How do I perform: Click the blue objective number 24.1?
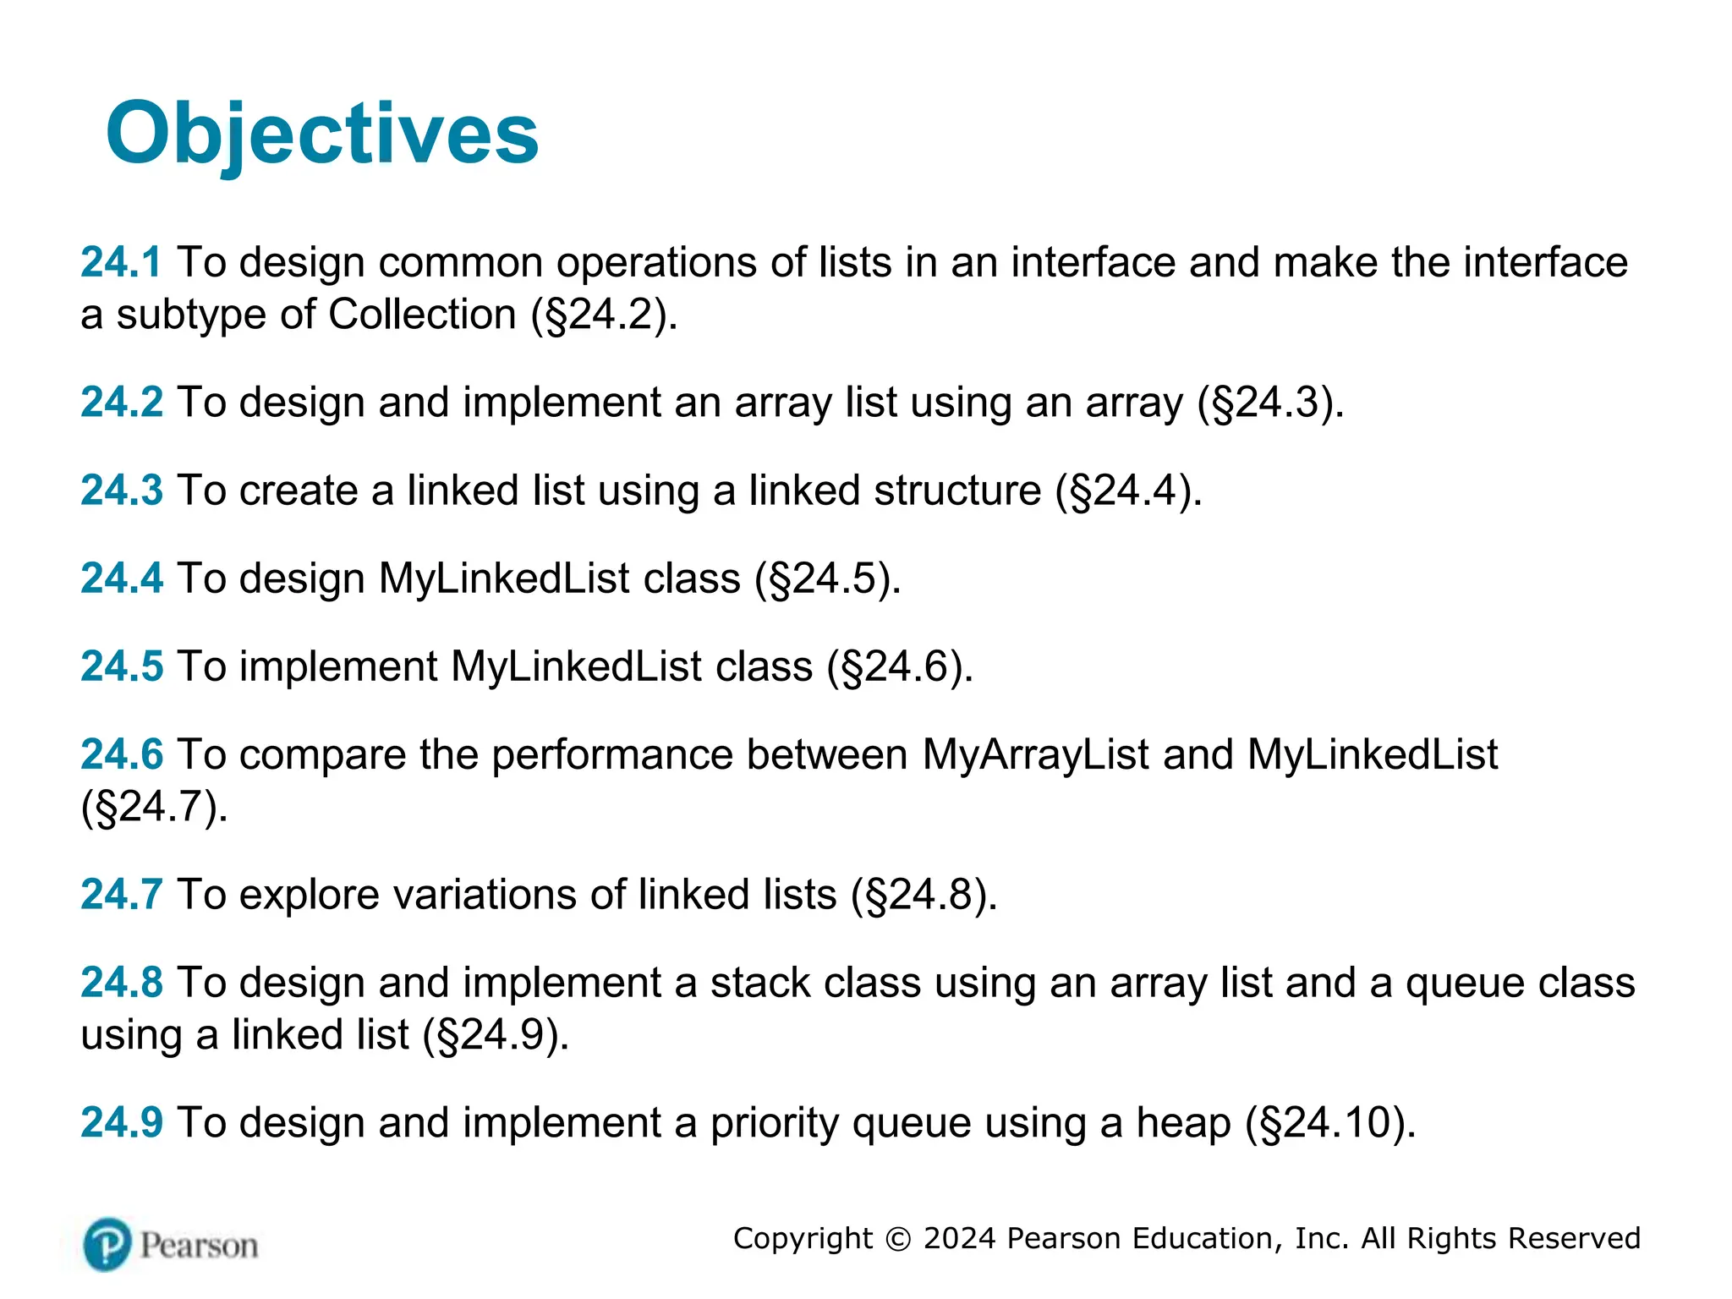coord(120,262)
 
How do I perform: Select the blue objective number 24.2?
coord(121,402)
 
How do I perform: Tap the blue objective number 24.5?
coord(121,666)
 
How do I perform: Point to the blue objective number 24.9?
coord(121,1123)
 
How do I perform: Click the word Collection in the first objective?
coord(421,315)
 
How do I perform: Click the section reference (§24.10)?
coord(1329,1124)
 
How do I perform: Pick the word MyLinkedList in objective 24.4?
coord(504,579)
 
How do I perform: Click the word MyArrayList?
coord(1035,754)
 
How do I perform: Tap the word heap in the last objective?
coord(1182,1123)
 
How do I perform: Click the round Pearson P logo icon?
coord(107,1244)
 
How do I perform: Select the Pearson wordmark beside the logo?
coord(199,1246)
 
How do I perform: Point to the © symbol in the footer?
coord(897,1239)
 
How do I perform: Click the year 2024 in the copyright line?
coord(960,1238)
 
